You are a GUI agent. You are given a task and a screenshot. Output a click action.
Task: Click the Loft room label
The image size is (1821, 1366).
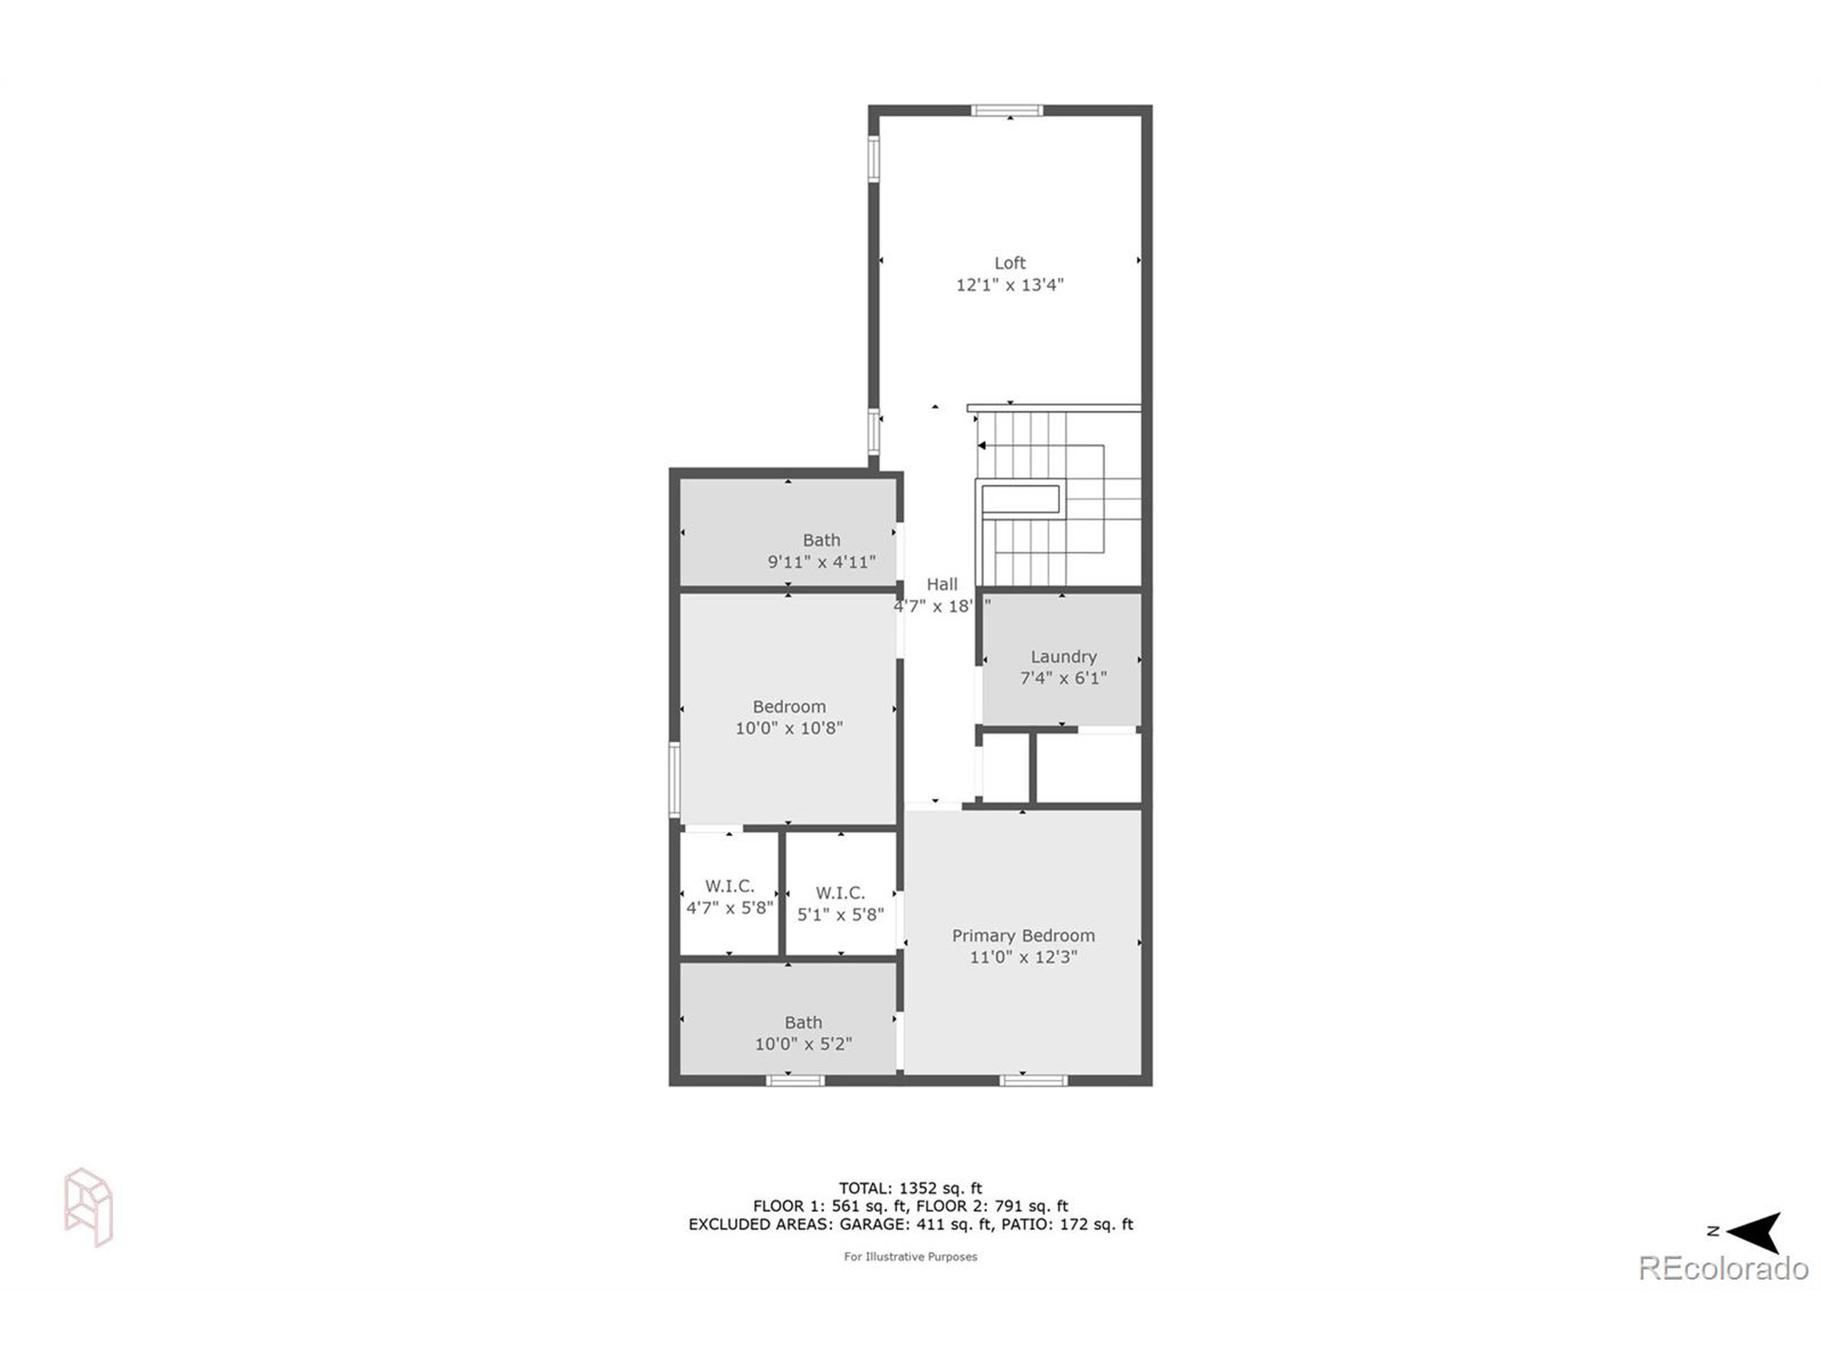pyautogui.click(x=1009, y=263)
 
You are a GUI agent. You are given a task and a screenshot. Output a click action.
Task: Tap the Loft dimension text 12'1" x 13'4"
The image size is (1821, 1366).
pyautogui.click(x=1009, y=285)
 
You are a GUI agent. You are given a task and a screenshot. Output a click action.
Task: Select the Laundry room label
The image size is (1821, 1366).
pyautogui.click(x=1063, y=656)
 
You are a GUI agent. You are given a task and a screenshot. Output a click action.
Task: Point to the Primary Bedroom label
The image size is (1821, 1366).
pyautogui.click(x=1022, y=936)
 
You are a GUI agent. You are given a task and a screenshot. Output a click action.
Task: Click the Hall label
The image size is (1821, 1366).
pyautogui.click(x=942, y=584)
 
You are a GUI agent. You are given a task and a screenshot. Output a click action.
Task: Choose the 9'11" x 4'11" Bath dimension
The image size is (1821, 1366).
pyautogui.click(x=821, y=562)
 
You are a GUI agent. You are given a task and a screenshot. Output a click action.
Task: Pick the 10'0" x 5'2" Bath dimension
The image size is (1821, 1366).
pyautogui.click(x=802, y=1044)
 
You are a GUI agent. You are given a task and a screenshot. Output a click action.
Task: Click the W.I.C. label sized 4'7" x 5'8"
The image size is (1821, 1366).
pyautogui.click(x=728, y=886)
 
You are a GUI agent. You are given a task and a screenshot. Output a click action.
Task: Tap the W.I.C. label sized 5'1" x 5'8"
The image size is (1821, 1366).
pyautogui.click(x=839, y=893)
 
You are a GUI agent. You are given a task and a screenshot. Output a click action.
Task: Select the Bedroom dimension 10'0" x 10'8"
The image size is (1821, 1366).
pyautogui.click(x=789, y=728)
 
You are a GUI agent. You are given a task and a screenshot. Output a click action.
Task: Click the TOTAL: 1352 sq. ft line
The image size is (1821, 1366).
pyautogui.click(x=910, y=1188)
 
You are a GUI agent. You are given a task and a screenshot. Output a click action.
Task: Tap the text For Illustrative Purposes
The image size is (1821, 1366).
pyautogui.click(x=910, y=1256)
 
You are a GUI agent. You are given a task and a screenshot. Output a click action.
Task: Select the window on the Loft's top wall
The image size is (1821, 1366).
pyautogui.click(x=1006, y=110)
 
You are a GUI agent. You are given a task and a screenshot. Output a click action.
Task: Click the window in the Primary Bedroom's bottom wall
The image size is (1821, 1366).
pyautogui.click(x=1033, y=1080)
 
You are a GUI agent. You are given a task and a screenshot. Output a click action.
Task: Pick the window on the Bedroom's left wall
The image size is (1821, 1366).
pyautogui.click(x=674, y=779)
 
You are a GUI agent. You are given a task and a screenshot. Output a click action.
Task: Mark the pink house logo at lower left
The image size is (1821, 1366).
pyautogui.click(x=88, y=1207)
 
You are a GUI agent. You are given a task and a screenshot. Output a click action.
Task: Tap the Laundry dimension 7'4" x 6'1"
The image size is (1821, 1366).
pyautogui.click(x=1063, y=679)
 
